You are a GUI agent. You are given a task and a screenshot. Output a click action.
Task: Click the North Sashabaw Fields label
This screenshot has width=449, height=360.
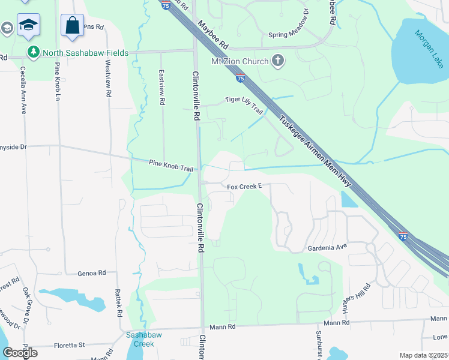(x=85, y=53)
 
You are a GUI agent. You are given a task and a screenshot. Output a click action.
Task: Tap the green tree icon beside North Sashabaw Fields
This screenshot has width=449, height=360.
(x=34, y=53)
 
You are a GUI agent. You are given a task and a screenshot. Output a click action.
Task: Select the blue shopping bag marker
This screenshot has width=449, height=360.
(x=72, y=26)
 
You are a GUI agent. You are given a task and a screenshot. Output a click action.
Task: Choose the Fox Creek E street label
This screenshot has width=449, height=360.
(x=245, y=187)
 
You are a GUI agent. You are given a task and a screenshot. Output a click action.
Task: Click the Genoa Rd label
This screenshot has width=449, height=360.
(x=92, y=273)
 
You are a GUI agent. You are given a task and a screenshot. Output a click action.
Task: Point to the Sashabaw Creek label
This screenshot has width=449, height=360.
(x=139, y=340)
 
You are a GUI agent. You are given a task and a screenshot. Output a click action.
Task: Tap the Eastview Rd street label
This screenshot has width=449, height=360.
(x=161, y=87)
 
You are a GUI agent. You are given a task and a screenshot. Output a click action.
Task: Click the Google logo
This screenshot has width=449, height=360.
(x=20, y=352)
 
